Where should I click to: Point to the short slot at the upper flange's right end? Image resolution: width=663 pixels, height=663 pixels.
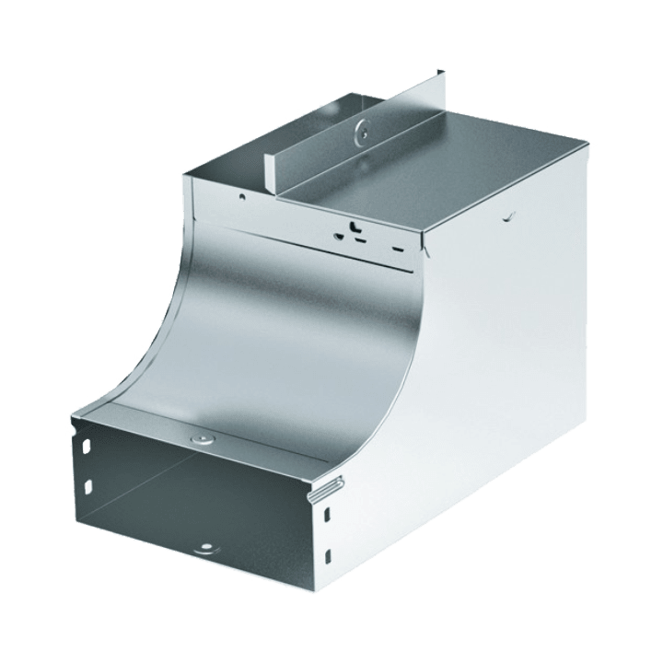click(x=397, y=249)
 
